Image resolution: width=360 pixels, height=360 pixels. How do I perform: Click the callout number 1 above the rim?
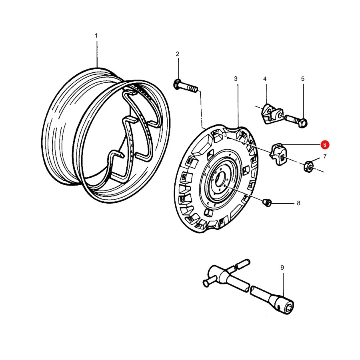(96, 36)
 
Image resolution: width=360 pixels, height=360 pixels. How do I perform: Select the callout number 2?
(178, 54)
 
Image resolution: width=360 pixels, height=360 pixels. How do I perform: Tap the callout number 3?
(236, 79)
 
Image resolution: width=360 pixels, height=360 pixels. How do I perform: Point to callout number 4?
(265, 79)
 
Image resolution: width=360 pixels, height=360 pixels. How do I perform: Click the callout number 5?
(303, 79)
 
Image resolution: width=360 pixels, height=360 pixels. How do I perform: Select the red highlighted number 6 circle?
(325, 145)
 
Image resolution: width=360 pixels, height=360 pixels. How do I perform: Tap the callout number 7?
(325, 156)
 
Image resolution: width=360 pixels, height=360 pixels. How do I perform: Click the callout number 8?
(298, 203)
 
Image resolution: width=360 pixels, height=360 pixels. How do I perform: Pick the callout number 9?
(282, 268)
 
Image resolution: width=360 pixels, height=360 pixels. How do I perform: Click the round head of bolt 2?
(177, 84)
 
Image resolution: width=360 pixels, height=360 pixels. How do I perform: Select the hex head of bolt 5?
(304, 123)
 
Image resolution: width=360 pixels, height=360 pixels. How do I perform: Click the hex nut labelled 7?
(309, 167)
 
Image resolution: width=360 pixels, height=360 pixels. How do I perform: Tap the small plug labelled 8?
(267, 203)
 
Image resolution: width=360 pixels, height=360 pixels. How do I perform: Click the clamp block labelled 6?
(278, 154)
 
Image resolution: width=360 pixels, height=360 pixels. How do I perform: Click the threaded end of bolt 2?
(192, 89)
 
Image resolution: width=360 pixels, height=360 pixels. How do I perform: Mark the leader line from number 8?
(283, 203)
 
